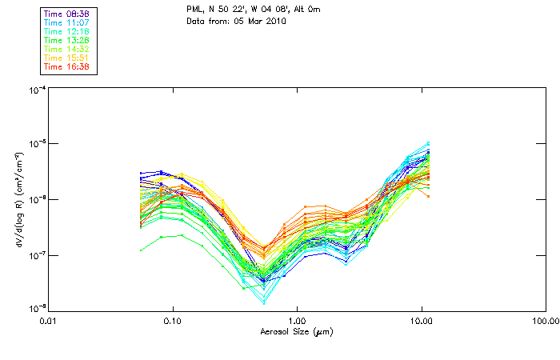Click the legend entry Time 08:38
pyautogui.click(x=67, y=14)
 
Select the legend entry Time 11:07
pyautogui.click(x=67, y=22)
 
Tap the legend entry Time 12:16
pyautogui.click(x=67, y=31)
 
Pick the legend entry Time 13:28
pyautogui.click(x=67, y=40)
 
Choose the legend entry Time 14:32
pyautogui.click(x=67, y=49)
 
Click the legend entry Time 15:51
pyautogui.click(x=67, y=58)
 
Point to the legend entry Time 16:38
pyautogui.click(x=67, y=66)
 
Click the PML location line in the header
pyautogui.click(x=252, y=10)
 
